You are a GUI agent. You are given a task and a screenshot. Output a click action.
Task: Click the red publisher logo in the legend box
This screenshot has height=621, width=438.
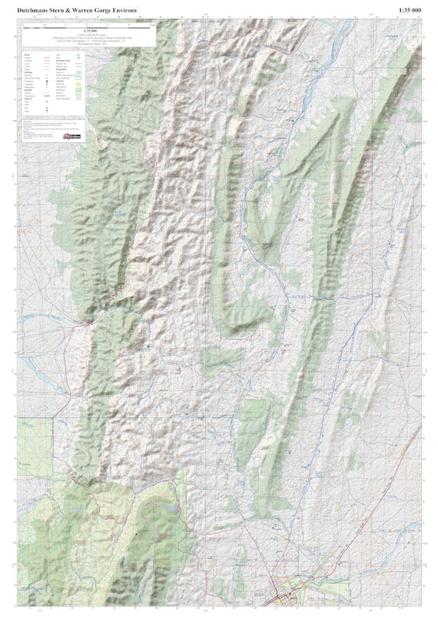click(x=72, y=137)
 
